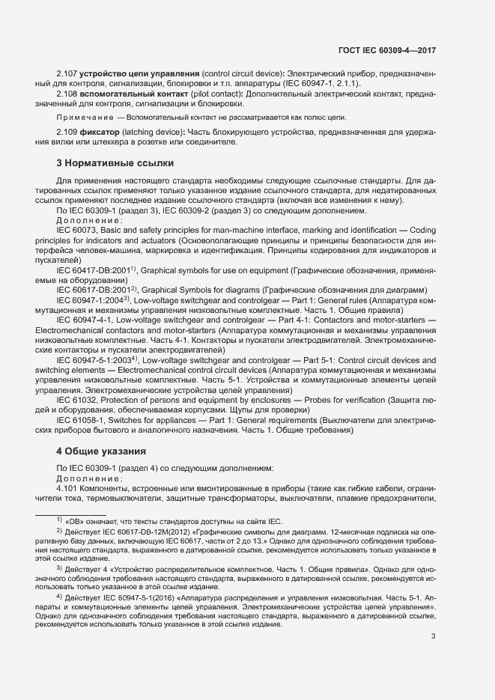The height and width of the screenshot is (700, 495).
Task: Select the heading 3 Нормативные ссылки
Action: (x=115, y=162)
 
